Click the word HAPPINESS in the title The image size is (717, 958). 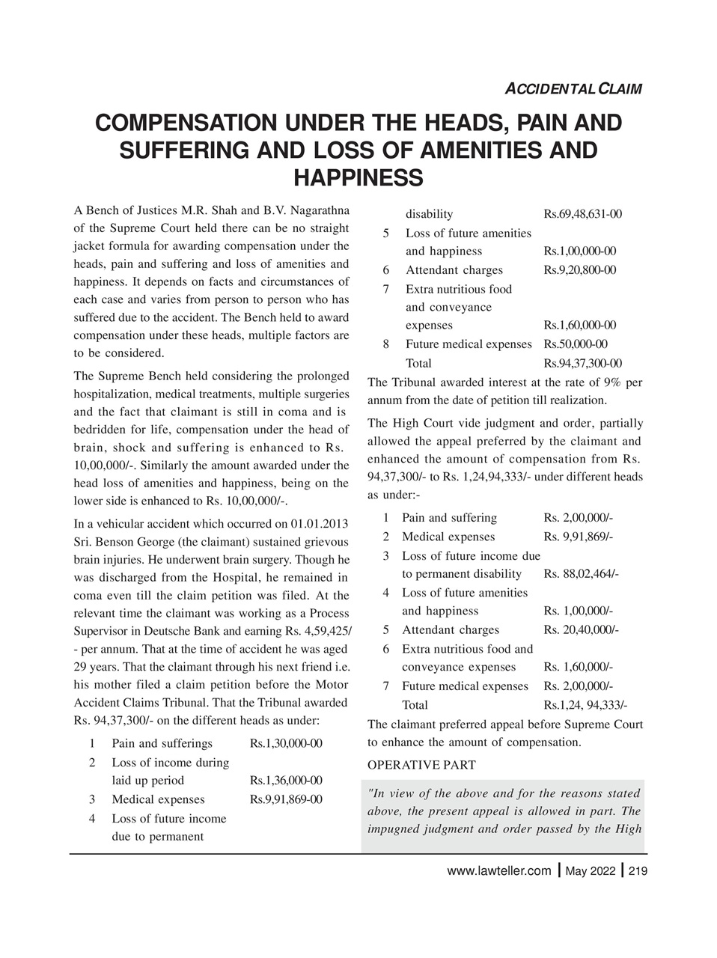point(358,178)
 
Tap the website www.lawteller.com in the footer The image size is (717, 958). point(498,871)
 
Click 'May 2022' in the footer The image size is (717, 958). point(591,871)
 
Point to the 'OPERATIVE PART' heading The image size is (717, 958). point(421,765)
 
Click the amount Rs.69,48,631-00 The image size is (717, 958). point(582,214)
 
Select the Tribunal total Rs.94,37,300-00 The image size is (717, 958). point(582,363)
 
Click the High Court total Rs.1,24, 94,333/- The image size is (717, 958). point(585,705)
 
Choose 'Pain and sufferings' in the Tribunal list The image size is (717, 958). point(162,743)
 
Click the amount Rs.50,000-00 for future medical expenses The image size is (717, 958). point(575,344)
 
